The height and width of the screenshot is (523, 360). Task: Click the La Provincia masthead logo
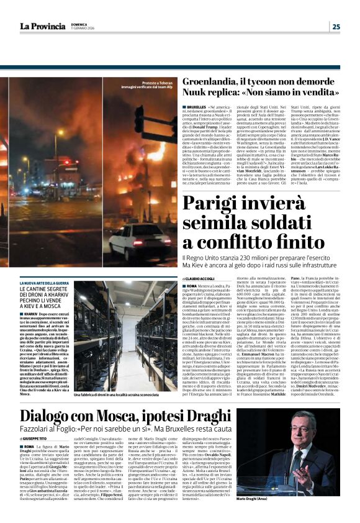coord(43,26)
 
